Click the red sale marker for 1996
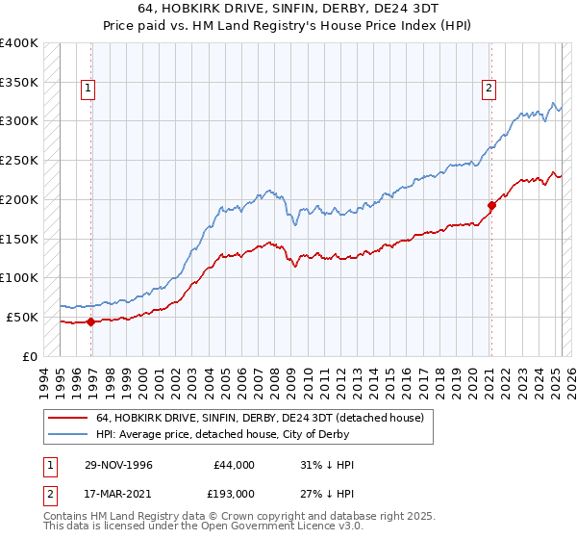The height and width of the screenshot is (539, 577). (90, 321)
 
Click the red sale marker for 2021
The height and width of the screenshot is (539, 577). (490, 204)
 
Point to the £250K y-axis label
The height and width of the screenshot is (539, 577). (19, 160)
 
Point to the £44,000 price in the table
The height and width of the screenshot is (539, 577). (234, 465)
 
